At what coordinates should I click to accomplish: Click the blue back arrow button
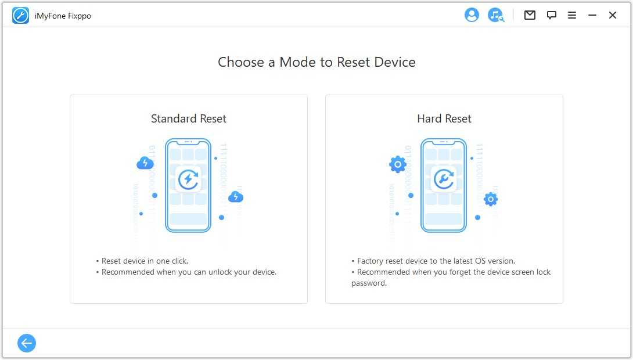pos(27,343)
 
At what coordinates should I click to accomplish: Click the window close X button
pos(613,15)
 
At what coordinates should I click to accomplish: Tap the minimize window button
pos(592,15)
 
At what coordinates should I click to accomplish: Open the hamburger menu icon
pos(571,15)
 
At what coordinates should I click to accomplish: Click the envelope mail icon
pos(530,15)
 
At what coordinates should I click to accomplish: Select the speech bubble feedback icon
pos(552,15)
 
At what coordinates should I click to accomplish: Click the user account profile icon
pos(472,15)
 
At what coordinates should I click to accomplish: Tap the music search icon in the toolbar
pos(496,15)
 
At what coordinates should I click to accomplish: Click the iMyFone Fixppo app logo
pos(20,16)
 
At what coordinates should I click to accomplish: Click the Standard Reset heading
pos(189,118)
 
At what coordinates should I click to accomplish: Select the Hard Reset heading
pos(444,118)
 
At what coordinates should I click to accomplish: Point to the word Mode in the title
pos(298,62)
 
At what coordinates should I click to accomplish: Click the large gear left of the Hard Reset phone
pos(398,164)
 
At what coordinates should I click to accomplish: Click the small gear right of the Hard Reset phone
pos(491,199)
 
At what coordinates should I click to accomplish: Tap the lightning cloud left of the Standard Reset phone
pos(145,163)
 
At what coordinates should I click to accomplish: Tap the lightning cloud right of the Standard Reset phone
pos(236,197)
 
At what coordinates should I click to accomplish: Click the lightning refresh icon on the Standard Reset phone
pos(188,179)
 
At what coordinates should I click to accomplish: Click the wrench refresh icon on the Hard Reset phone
pos(444,179)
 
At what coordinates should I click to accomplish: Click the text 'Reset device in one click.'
pos(145,261)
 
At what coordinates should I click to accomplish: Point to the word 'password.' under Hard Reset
pos(369,283)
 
